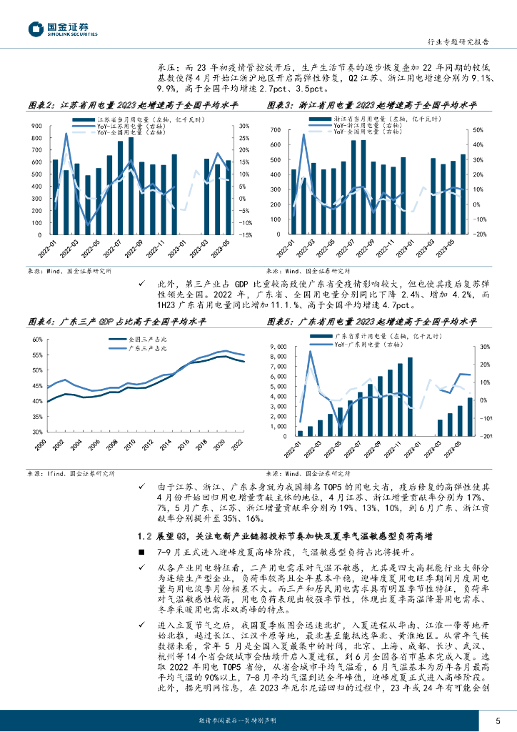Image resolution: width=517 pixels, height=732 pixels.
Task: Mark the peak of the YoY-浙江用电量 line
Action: pyautogui.click(x=303, y=134)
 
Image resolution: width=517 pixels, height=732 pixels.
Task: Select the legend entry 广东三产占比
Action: pyautogui.click(x=146, y=348)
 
